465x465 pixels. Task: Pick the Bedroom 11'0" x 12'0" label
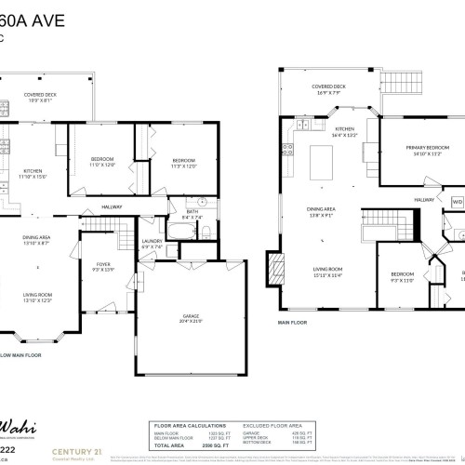101,163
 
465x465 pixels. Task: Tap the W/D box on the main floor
457,200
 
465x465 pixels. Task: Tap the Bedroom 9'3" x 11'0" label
402,276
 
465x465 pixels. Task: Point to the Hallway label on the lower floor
112,206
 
